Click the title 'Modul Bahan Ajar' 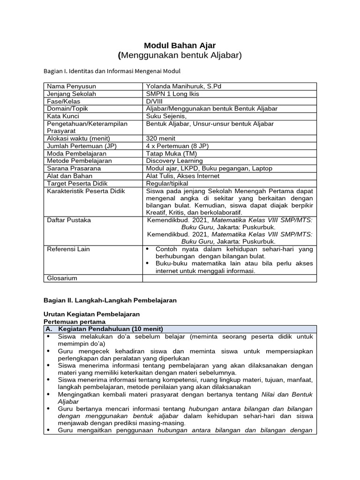[x=180, y=45]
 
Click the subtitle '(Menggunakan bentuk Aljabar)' [x=180, y=56]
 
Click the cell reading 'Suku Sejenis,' [x=166, y=116]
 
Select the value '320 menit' [x=161, y=138]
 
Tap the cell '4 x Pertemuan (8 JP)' [x=177, y=146]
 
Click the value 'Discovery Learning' [x=174, y=161]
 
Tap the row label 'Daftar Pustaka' [x=69, y=219]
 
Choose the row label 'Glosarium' [x=62, y=278]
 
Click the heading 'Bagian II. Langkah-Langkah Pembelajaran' [x=110, y=300]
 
